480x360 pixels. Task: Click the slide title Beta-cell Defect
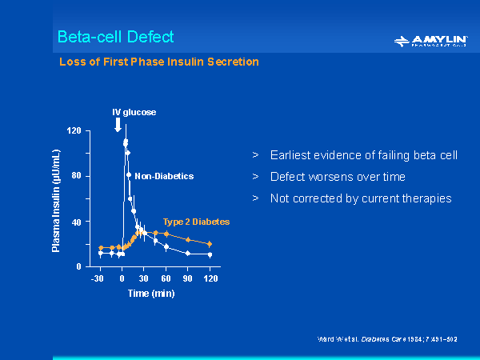coord(115,37)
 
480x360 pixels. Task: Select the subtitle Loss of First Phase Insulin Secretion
coord(159,62)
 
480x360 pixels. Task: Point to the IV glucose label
coord(133,112)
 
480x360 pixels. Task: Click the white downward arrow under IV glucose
coord(118,124)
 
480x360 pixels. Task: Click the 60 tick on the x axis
coord(166,278)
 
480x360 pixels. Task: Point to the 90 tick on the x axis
coord(188,278)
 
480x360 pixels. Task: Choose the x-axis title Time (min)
coord(152,293)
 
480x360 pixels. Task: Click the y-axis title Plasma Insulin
coord(57,200)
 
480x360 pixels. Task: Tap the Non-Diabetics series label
coord(163,176)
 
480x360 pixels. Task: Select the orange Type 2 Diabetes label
coord(196,221)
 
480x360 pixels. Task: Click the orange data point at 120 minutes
coord(210,243)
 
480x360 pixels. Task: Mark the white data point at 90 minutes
coord(188,253)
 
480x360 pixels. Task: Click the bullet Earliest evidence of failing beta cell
coord(363,155)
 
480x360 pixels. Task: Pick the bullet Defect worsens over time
coord(338,177)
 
